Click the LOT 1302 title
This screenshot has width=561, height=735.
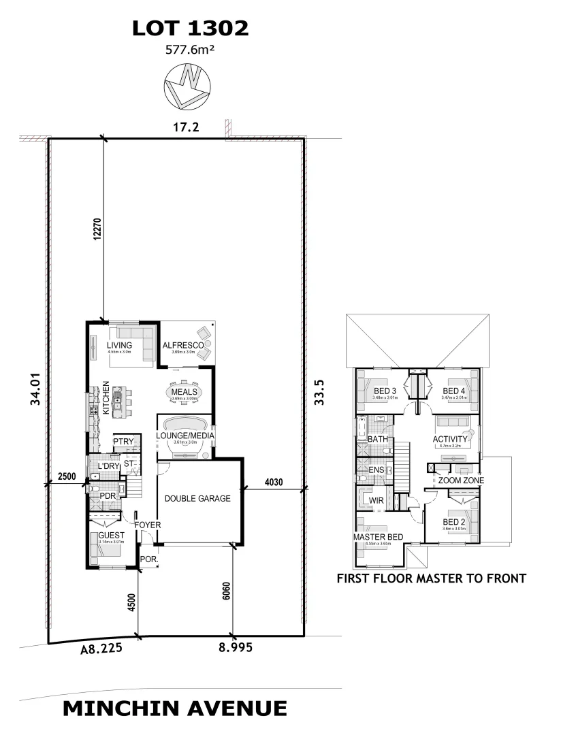pos(190,28)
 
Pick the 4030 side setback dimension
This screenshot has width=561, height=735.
pos(275,482)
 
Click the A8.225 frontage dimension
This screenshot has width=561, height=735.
pos(101,649)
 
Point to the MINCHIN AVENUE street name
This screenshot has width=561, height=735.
pos(174,708)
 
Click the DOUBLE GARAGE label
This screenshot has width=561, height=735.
pos(197,498)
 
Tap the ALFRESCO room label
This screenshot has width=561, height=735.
pos(182,346)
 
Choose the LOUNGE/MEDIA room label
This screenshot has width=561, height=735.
pos(186,435)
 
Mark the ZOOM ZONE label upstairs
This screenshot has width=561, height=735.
pos(461,480)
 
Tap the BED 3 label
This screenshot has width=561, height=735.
pos(385,391)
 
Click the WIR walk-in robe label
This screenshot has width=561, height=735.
pos(376,501)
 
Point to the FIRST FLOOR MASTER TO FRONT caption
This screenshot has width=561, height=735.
pos(432,579)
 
